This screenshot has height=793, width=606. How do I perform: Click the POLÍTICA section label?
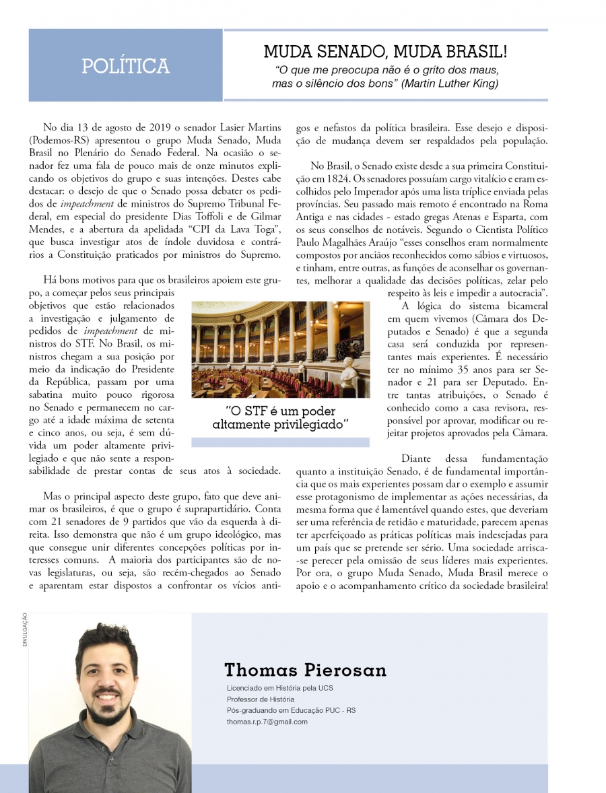(x=125, y=66)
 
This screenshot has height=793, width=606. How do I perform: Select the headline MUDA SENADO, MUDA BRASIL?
(x=385, y=51)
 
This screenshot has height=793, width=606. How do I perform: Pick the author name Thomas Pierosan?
(x=305, y=670)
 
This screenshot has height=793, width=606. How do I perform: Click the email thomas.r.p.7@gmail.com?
(x=267, y=721)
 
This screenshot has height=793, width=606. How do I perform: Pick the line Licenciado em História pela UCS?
(x=280, y=688)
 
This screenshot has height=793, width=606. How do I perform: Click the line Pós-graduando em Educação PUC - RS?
(x=292, y=710)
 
